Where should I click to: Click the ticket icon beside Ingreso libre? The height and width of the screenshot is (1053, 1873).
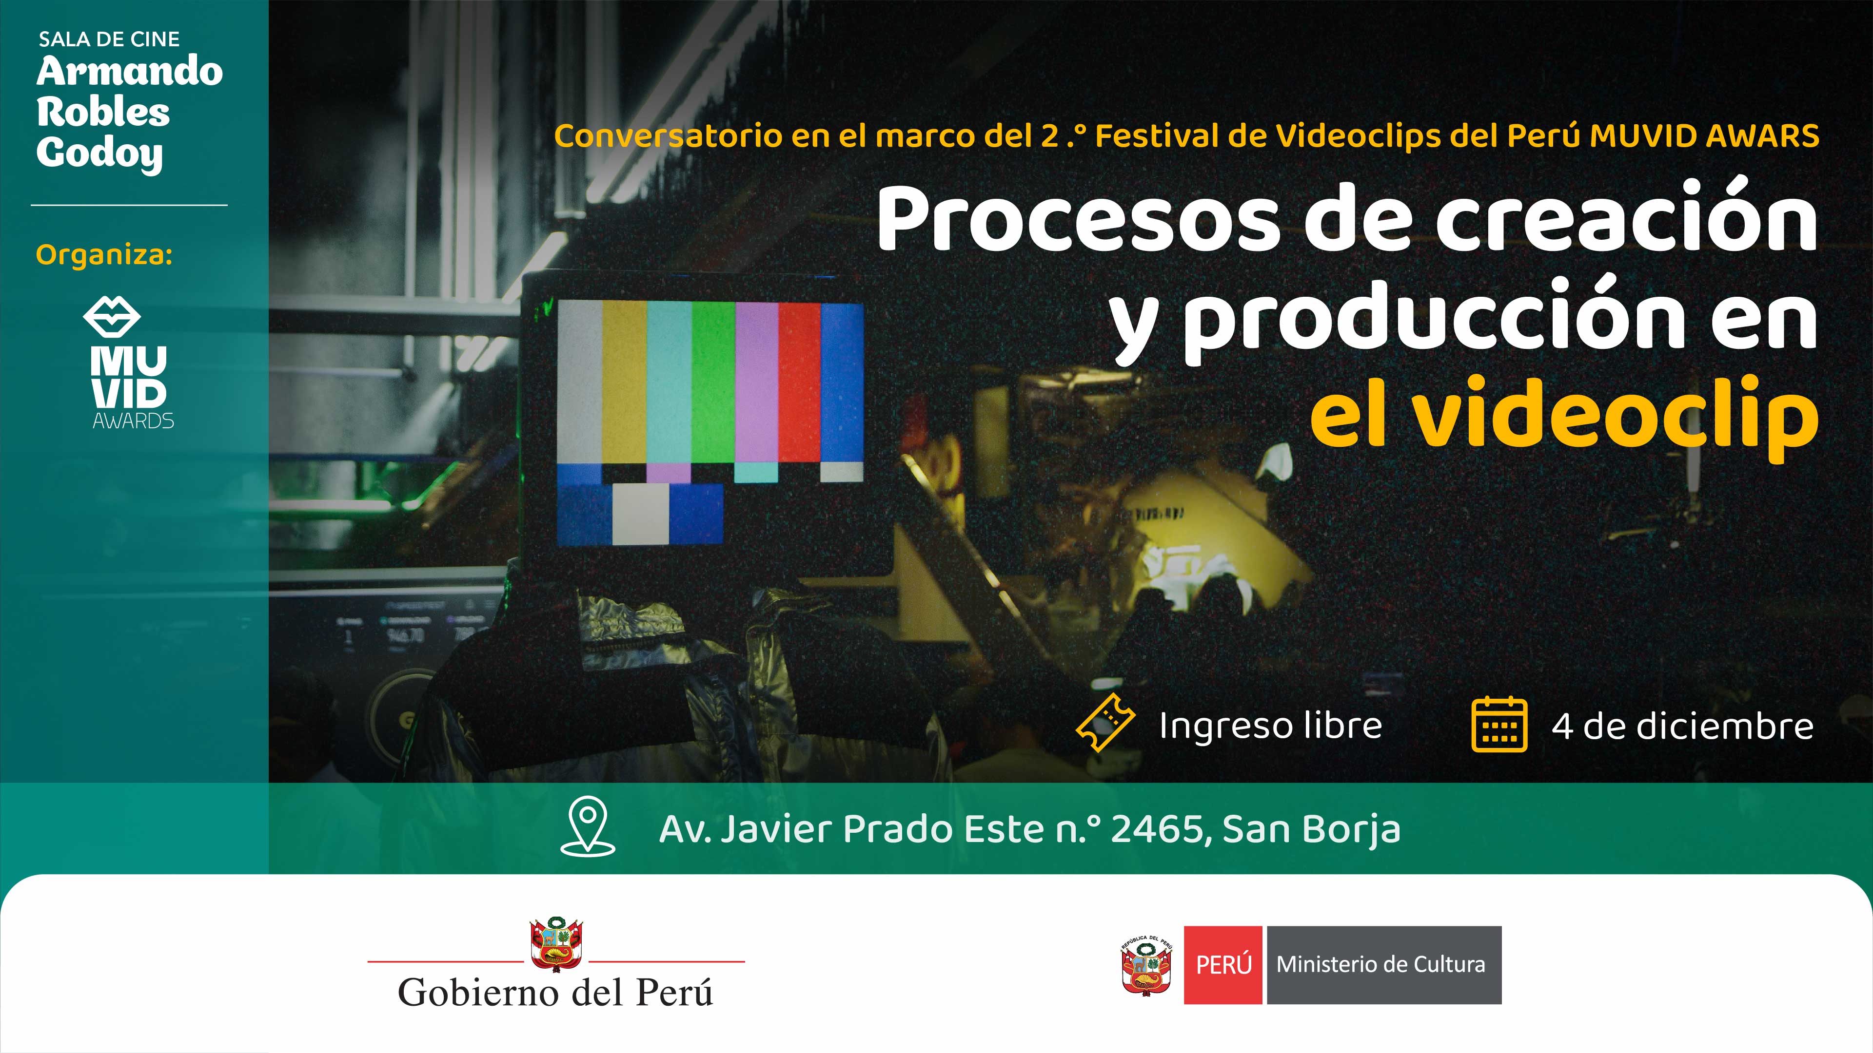point(1105,723)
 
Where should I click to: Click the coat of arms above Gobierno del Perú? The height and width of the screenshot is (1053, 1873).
point(556,944)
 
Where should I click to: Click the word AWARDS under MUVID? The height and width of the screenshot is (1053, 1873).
point(133,421)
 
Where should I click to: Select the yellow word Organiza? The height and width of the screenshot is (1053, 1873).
point(104,255)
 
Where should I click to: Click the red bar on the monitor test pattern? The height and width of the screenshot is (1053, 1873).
point(800,382)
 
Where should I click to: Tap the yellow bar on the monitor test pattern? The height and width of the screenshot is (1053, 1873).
point(624,382)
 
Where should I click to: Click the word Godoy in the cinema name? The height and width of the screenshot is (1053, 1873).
point(99,153)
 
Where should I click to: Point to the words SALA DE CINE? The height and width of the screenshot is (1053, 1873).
point(109,39)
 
